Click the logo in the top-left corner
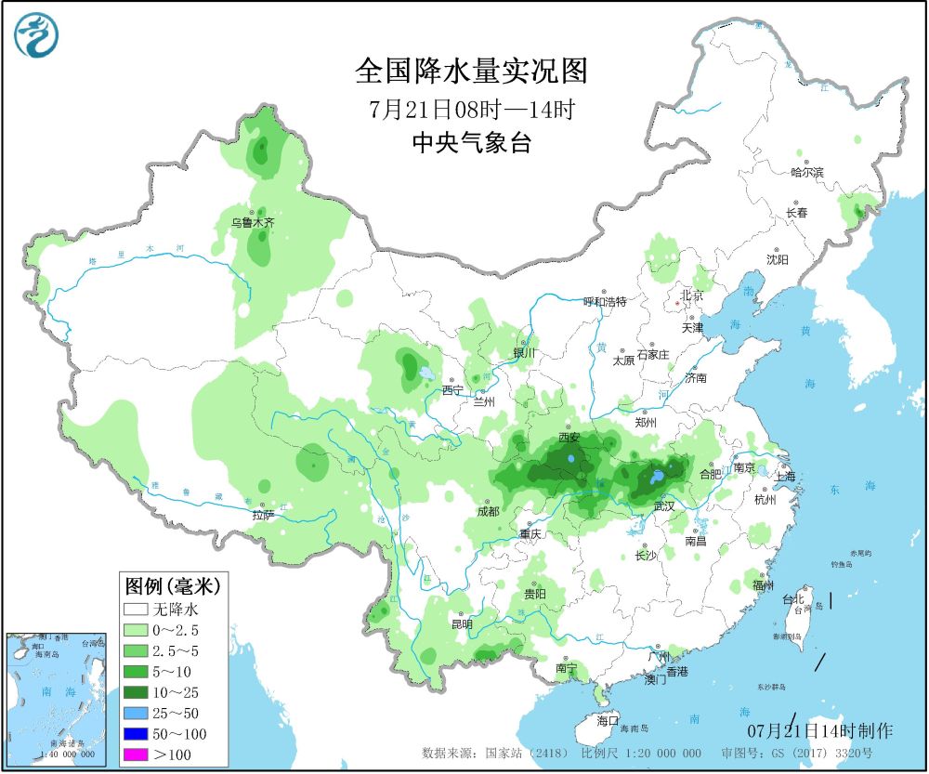click(36, 36)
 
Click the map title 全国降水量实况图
click(472, 71)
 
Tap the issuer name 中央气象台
click(472, 142)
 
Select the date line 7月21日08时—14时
click(472, 108)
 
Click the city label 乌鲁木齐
click(253, 223)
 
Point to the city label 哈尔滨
click(806, 172)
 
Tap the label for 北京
click(692, 295)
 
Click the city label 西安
click(569, 437)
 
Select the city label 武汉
click(664, 505)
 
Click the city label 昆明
click(462, 623)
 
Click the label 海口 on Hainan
click(608, 720)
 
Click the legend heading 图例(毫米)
click(171, 586)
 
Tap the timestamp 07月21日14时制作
click(819, 730)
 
